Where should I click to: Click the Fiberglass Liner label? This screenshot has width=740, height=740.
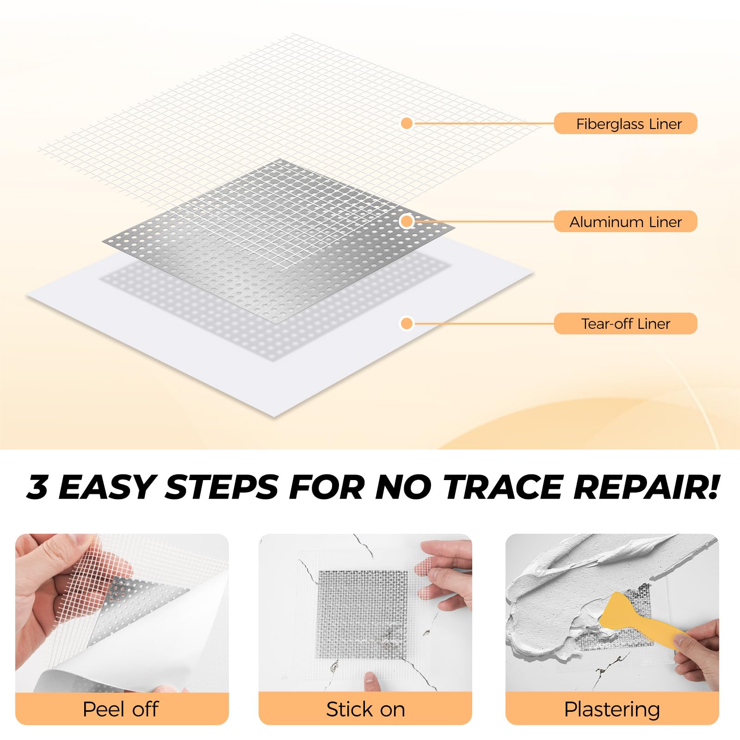625,123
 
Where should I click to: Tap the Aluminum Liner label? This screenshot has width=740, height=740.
625,222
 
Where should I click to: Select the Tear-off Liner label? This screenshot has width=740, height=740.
625,323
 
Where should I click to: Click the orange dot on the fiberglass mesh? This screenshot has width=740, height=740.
407,123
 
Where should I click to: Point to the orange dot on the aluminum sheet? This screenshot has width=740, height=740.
407,222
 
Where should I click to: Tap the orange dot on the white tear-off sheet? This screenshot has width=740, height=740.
407,323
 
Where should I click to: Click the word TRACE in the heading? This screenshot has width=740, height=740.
503,487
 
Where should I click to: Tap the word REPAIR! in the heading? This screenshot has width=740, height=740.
647,487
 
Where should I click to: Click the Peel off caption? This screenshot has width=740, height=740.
121,709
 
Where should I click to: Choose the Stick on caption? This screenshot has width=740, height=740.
365,709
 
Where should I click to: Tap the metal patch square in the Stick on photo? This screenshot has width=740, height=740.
362,614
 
